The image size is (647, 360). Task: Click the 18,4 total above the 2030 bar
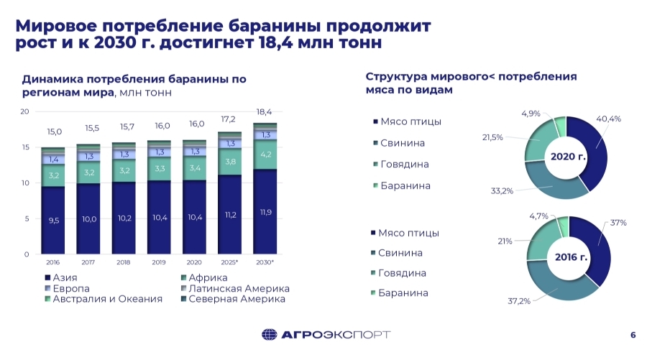pos(265,112)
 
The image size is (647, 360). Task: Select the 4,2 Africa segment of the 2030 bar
pos(265,154)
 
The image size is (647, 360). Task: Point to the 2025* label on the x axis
pos(230,263)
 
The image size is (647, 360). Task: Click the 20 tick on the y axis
pos(24,112)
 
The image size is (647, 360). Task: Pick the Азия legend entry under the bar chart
pos(60,277)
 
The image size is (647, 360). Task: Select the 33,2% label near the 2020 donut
pos(503,191)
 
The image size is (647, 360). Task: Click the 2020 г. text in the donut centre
pos(567,156)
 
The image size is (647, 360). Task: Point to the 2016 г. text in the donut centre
pos(568,257)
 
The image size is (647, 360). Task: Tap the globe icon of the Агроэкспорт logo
pos(269,335)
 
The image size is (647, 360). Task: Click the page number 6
pos(633,335)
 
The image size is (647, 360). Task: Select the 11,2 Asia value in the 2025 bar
pos(230,214)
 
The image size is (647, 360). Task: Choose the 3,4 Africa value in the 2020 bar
pos(195,169)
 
